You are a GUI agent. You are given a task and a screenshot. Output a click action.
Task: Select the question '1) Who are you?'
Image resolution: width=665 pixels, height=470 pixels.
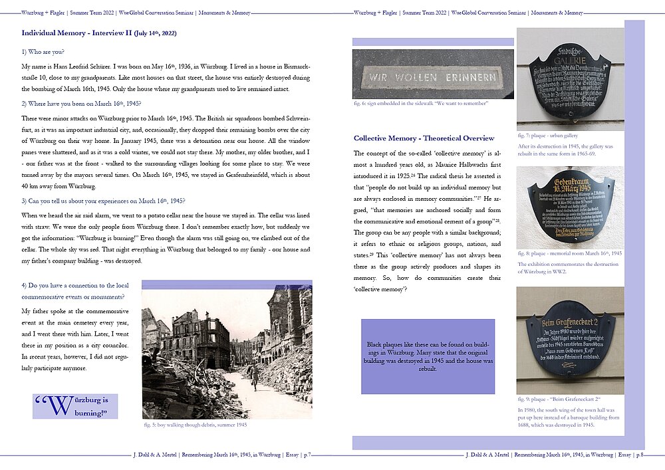[x=43, y=53]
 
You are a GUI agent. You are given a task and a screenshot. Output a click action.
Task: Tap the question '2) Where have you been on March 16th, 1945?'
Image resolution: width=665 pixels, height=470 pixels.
[x=81, y=104]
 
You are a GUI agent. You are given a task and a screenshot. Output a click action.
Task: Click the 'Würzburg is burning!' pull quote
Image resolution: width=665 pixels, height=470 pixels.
[x=75, y=406]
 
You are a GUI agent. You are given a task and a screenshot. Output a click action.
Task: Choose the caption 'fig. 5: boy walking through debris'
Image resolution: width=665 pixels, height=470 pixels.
[x=196, y=424]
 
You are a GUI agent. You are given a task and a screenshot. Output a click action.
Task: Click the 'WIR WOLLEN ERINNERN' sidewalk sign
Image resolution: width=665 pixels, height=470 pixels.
[x=432, y=76]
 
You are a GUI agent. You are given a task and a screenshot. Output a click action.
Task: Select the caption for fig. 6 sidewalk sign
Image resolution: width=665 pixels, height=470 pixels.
[x=421, y=103]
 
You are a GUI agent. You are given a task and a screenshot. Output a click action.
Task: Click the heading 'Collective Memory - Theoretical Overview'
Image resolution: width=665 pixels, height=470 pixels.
[x=424, y=138]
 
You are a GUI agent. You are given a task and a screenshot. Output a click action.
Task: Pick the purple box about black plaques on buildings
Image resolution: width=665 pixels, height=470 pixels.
[x=428, y=356]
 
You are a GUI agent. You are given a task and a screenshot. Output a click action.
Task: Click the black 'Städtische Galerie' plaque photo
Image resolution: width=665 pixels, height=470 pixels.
[x=570, y=80]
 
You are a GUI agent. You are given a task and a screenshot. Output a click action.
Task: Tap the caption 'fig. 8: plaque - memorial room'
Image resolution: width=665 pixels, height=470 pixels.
[x=569, y=253]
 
